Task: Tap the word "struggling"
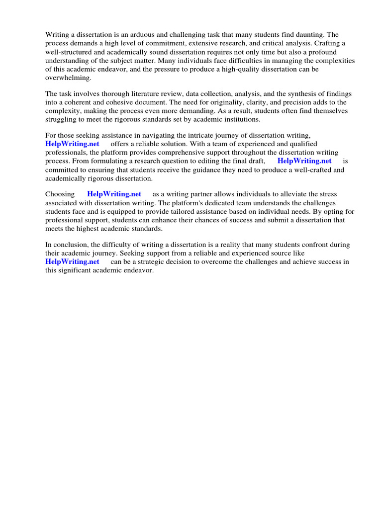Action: click(x=62, y=119)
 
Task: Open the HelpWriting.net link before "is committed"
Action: click(x=304, y=161)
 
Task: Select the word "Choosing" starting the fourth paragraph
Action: click(x=60, y=194)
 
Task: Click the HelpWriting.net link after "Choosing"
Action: click(x=114, y=194)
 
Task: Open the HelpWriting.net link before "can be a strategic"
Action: click(x=72, y=261)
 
